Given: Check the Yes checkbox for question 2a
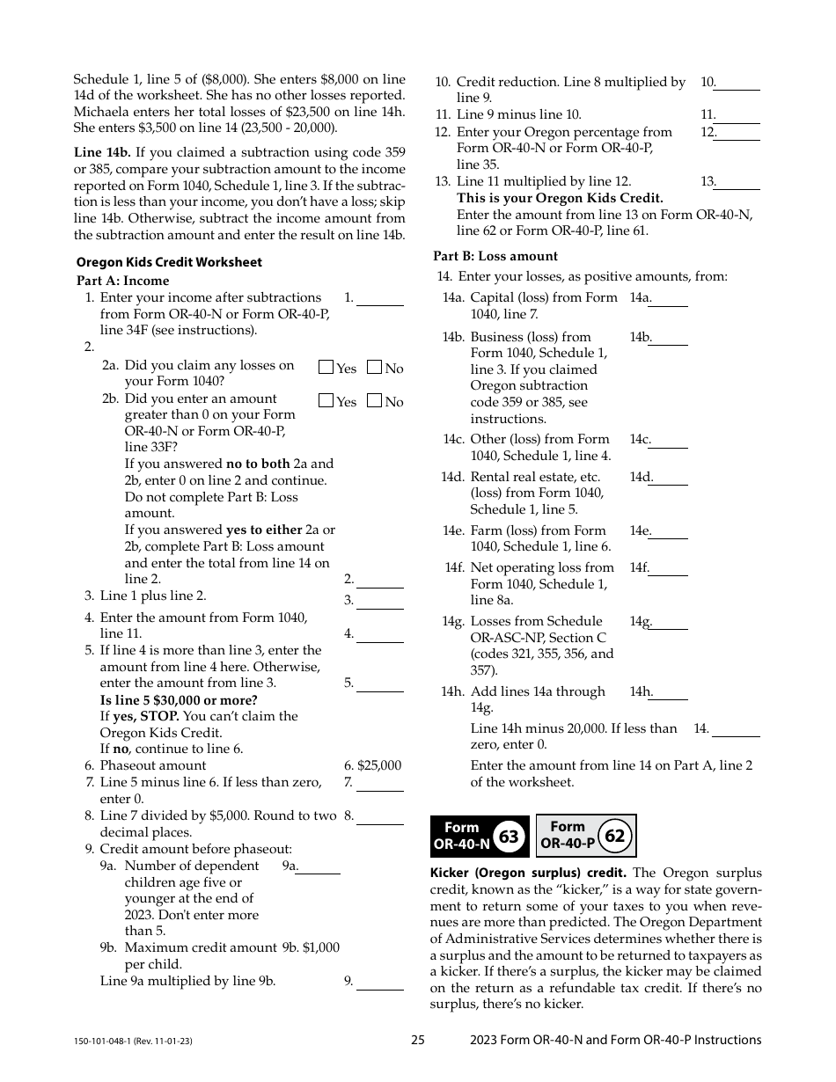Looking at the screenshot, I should click(x=326, y=368).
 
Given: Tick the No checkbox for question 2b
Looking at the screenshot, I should click(x=374, y=401).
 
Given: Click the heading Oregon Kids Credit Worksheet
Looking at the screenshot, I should click(x=169, y=262).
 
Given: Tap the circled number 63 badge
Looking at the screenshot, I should click(x=509, y=837).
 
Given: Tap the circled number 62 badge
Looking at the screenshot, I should click(x=614, y=836).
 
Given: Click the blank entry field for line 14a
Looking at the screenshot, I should click(x=670, y=299).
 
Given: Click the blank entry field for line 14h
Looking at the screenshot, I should click(x=670, y=693).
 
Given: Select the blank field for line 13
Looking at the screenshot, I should click(x=738, y=183).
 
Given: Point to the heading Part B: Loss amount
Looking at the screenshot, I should click(x=495, y=256).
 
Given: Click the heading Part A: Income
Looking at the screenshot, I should click(x=123, y=281).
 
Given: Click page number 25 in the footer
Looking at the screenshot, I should click(x=418, y=1040).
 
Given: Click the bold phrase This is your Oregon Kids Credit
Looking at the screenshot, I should click(x=560, y=198).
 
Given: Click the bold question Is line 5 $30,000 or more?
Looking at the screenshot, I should click(x=179, y=700).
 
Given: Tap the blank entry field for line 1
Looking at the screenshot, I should click(x=380, y=299).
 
